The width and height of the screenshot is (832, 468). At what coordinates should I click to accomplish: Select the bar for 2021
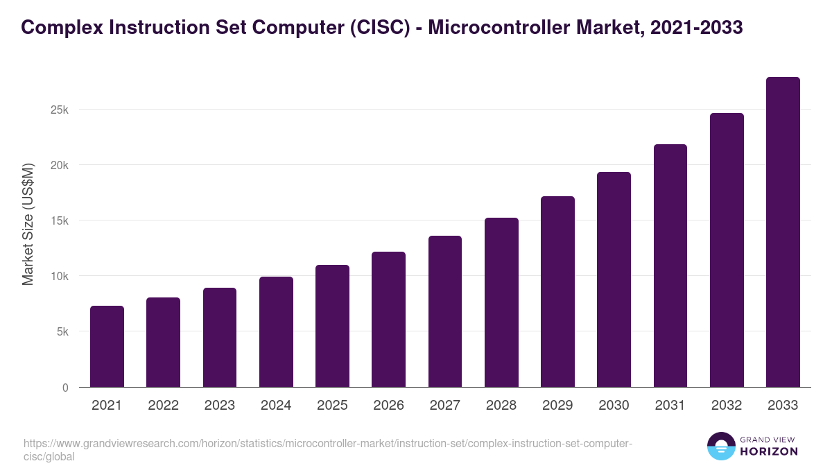click(107, 347)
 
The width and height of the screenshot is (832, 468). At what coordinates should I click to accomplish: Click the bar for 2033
click(783, 232)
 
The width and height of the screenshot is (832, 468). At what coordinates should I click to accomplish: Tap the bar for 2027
click(445, 311)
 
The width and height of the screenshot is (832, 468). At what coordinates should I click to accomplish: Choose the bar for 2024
click(276, 332)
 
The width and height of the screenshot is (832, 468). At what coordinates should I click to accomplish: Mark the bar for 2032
click(727, 250)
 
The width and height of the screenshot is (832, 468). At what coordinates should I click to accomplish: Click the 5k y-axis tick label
click(62, 332)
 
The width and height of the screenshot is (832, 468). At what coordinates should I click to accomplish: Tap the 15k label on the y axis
click(60, 221)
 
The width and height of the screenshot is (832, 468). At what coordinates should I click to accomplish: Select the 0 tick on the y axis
click(65, 388)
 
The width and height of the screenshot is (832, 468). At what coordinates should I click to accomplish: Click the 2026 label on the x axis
click(388, 406)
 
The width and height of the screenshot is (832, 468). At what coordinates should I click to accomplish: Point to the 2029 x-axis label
click(557, 406)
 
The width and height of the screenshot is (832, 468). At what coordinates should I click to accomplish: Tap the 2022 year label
click(163, 406)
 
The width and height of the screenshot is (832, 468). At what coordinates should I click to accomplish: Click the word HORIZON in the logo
click(769, 451)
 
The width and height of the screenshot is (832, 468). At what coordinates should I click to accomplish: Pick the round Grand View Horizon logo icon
click(720, 447)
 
